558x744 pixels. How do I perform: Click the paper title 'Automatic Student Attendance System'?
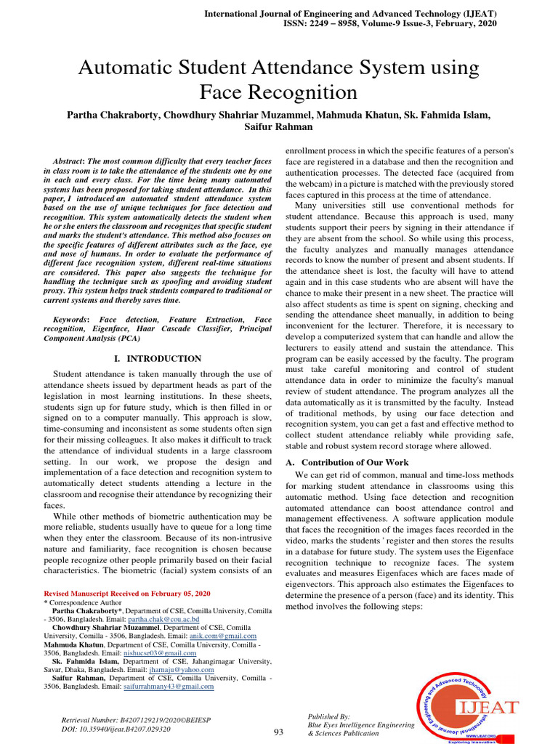(x=278, y=68)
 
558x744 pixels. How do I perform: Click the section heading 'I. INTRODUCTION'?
(x=158, y=358)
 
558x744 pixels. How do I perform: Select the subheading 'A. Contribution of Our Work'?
(x=347, y=462)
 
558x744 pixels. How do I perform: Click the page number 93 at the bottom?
(x=278, y=731)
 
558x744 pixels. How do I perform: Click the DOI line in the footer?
(x=116, y=729)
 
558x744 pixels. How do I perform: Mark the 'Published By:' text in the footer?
(x=329, y=716)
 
